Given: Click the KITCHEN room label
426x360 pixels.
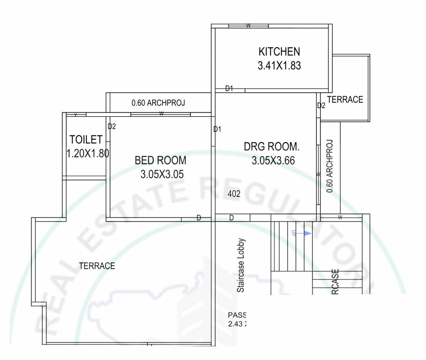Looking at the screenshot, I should click(279, 51).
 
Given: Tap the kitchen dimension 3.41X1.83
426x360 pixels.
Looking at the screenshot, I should click(279, 66).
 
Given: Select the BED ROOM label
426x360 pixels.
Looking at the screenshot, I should click(160, 160).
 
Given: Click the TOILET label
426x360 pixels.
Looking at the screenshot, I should click(86, 139).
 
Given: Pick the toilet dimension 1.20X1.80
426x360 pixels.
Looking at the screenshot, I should click(88, 153).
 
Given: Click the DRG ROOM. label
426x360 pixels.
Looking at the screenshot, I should click(272, 147).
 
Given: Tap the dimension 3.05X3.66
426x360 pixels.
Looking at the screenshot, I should click(273, 161).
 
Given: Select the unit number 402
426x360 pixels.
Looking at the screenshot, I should click(234, 194).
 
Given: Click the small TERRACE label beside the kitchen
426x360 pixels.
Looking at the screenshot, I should click(345, 99).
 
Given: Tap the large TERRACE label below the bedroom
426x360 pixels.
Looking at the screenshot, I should click(97, 266).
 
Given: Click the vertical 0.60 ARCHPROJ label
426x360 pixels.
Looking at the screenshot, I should click(330, 166).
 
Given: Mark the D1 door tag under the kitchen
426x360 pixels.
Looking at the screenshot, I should click(229, 88).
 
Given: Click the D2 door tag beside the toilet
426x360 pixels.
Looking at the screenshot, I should click(112, 126).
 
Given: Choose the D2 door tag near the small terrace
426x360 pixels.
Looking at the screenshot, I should click(321, 105).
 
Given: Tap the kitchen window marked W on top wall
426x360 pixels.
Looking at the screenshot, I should click(248, 25).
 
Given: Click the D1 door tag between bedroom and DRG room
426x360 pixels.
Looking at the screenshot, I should click(217, 129).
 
